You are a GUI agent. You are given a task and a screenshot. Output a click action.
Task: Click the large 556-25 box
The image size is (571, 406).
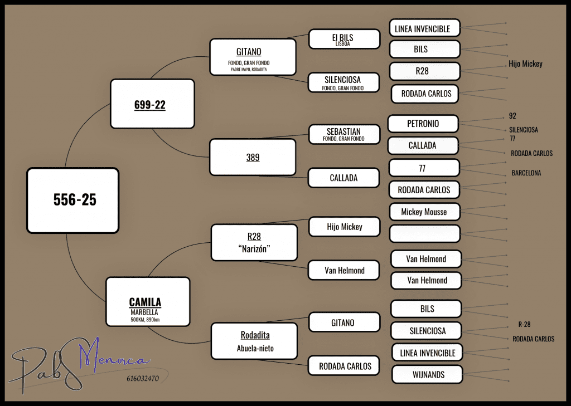[x=72, y=200]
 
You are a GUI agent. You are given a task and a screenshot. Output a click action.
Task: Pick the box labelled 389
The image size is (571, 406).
[x=253, y=158]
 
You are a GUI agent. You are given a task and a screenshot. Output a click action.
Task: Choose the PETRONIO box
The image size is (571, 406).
[x=423, y=124]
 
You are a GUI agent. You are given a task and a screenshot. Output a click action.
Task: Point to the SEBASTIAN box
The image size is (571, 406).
[x=344, y=134]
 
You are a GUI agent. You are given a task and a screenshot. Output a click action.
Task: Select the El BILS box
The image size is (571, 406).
[x=344, y=39]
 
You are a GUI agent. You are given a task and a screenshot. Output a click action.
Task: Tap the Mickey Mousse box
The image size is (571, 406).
[x=424, y=212]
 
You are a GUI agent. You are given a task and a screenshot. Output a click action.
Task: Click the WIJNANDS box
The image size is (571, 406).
[x=427, y=375]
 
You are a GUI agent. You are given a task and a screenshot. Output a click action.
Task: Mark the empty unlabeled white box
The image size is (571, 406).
[x=425, y=233]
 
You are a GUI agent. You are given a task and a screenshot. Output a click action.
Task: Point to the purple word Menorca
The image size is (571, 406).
[x=114, y=360]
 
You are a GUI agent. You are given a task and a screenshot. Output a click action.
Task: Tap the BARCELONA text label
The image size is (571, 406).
[x=526, y=173]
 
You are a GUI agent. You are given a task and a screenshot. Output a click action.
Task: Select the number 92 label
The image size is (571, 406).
[x=512, y=116]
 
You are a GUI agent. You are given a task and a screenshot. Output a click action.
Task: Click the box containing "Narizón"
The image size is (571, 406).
[x=254, y=243]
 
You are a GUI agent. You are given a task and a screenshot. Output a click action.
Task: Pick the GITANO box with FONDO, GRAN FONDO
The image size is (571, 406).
[x=252, y=56]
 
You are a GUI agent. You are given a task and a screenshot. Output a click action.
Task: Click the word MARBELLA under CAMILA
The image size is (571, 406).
[x=145, y=312]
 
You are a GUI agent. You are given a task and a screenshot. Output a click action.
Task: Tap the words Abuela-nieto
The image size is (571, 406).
[x=255, y=349]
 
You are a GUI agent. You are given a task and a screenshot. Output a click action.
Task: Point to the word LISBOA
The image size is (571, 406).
[x=343, y=43]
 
